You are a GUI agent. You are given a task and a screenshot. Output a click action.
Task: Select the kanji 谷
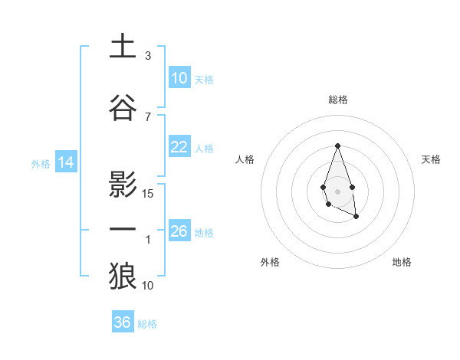pyautogui.click(x=123, y=108)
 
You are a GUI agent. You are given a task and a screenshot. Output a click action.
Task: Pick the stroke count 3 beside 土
pyautogui.click(x=148, y=56)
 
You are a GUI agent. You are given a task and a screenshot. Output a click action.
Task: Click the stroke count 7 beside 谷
pyautogui.click(x=148, y=116)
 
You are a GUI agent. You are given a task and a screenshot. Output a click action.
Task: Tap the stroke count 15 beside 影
pyautogui.click(x=149, y=193)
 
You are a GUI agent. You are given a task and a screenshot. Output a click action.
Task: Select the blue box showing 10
pyautogui.click(x=179, y=78)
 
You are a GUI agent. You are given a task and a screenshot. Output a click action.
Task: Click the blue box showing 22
pyautogui.click(x=179, y=147)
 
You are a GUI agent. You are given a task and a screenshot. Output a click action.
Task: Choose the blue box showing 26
pyautogui.click(x=179, y=231)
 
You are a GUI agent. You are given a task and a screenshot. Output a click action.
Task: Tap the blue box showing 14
pyautogui.click(x=65, y=162)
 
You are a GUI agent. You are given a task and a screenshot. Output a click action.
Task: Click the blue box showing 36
pyautogui.click(x=123, y=322)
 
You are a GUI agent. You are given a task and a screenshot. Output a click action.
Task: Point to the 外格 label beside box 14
pyautogui.click(x=41, y=163)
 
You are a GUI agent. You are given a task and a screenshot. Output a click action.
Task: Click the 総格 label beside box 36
pyautogui.click(x=147, y=324)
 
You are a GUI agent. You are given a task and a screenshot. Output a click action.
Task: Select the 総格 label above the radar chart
pyautogui.click(x=337, y=100)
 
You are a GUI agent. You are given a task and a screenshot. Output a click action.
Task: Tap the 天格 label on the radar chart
pyautogui.click(x=432, y=159)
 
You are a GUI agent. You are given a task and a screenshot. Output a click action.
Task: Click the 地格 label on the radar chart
pyautogui.click(x=402, y=262)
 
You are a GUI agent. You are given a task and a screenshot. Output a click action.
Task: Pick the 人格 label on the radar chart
pyautogui.click(x=245, y=159)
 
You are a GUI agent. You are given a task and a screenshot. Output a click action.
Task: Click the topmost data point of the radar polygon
pyautogui.click(x=337, y=146)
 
